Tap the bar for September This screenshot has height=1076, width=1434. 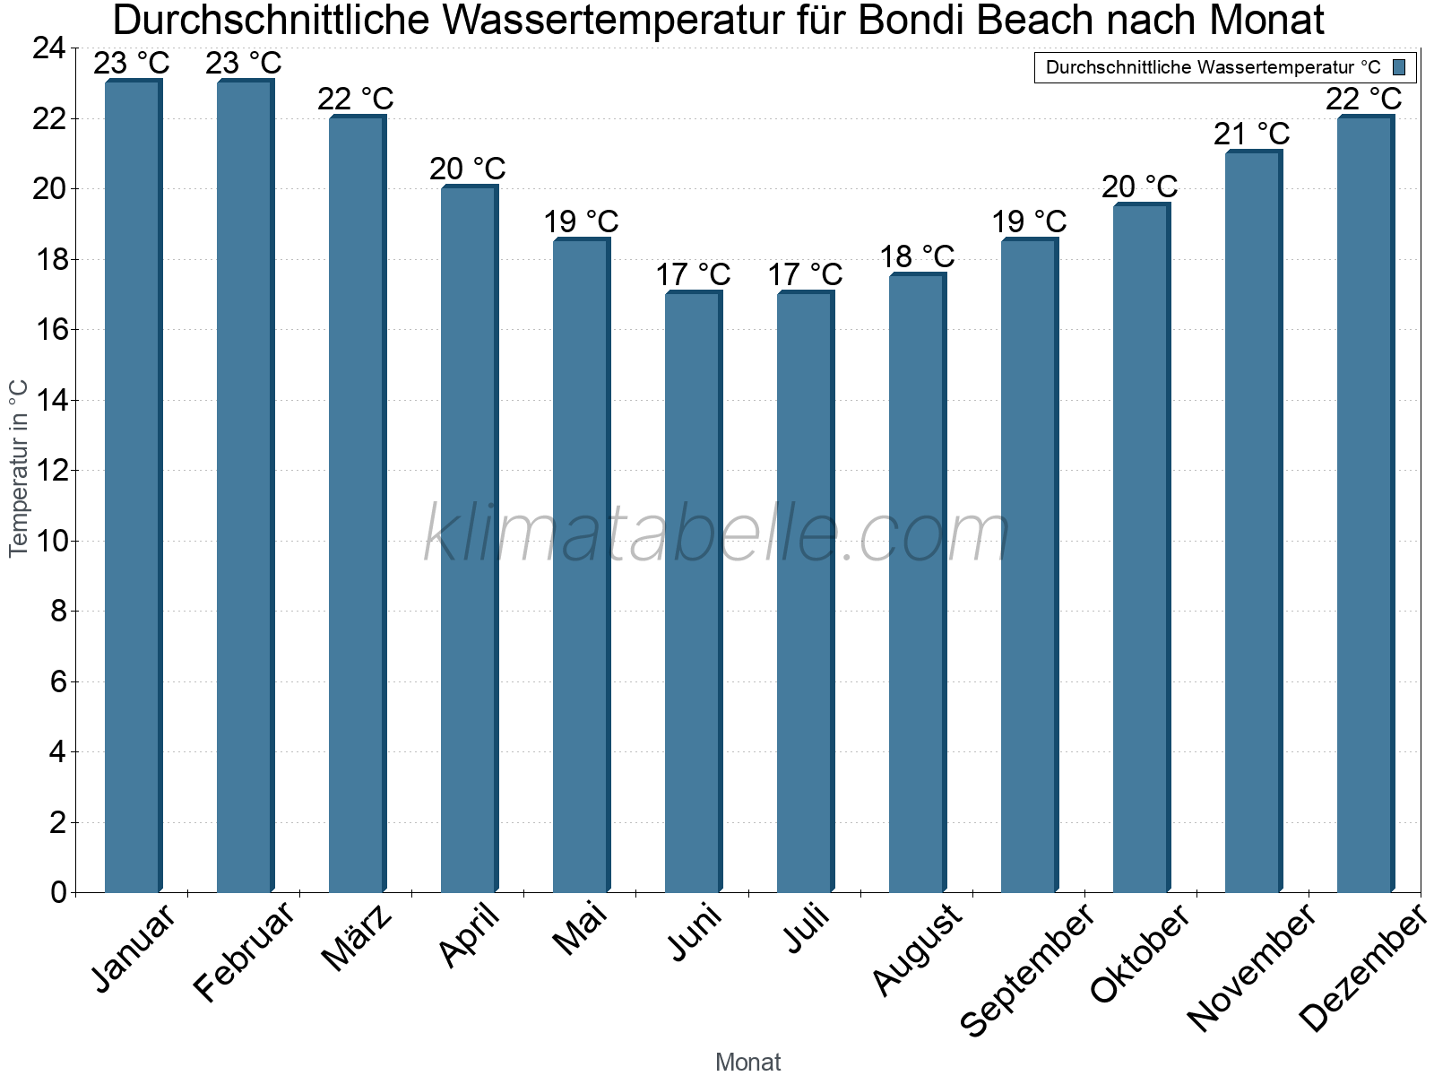point(1029,566)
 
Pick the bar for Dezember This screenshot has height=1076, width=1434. point(1365,504)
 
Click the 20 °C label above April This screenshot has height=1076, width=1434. point(468,169)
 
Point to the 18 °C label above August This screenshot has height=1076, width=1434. point(917,257)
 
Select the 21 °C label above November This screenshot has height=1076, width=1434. point(1252,134)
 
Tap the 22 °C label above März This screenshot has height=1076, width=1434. point(356,99)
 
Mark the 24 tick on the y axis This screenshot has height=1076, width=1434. point(49,48)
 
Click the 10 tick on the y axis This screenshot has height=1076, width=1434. point(49,541)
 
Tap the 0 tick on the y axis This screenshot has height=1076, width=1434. point(59,892)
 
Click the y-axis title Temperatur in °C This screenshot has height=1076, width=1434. point(19,468)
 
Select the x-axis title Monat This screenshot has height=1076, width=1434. point(748,1063)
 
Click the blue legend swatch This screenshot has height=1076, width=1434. point(1399,67)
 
